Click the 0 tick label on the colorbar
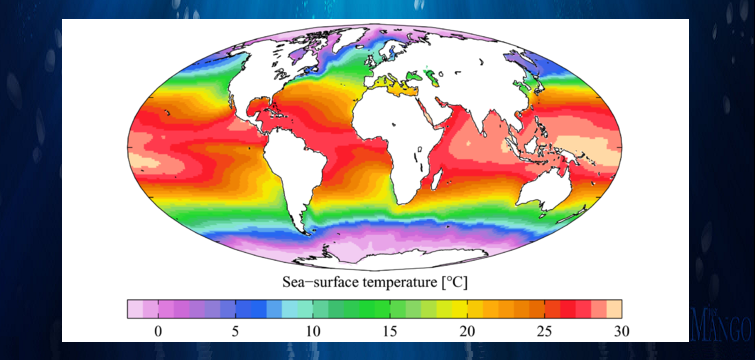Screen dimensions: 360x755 pos(157,330)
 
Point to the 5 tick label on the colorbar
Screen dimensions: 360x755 pos(235,330)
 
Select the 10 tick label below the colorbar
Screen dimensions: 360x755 pos(312,330)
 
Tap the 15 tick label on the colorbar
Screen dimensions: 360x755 pos(390,330)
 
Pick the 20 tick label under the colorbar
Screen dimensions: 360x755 pos(467,330)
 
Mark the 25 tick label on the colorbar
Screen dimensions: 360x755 pos(545,330)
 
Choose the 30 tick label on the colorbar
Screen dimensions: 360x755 pos(621,330)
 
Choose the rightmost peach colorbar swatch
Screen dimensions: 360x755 pos(614,308)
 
